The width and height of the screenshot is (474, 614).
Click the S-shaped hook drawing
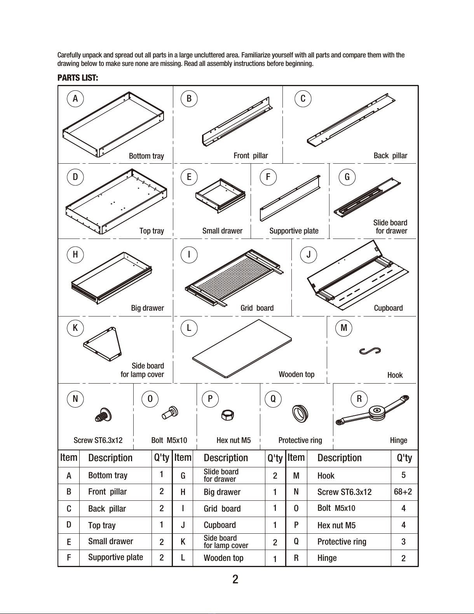tap(369, 351)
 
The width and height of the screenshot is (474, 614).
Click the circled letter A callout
tap(75, 99)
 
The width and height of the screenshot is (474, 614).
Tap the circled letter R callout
tap(359, 399)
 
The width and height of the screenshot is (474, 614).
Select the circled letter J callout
tap(308, 255)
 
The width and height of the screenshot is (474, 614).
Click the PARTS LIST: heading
tap(78, 78)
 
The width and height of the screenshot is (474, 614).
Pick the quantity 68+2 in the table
tap(403, 492)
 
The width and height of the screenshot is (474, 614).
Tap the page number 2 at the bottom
tap(235, 579)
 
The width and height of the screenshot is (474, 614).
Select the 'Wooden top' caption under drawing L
tap(296, 374)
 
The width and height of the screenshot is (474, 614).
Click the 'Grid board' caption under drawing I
tap(257, 308)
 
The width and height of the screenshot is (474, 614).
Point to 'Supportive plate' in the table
tap(115, 557)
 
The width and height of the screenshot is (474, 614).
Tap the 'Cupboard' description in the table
tap(220, 525)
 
